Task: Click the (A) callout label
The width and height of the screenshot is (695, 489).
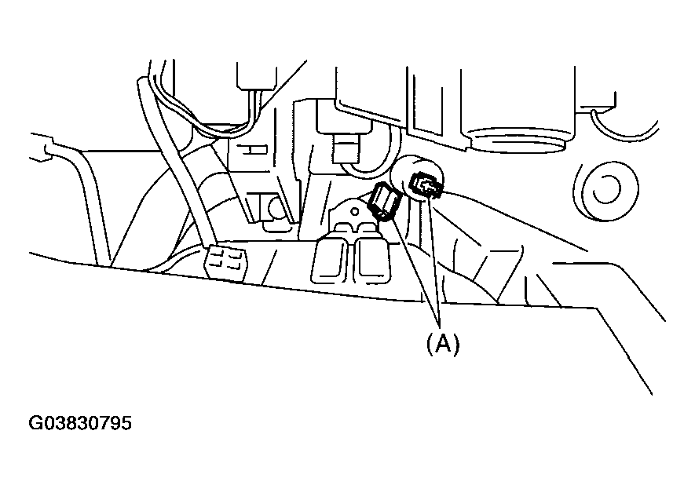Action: [442, 344]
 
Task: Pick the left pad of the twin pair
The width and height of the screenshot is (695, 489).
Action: [333, 258]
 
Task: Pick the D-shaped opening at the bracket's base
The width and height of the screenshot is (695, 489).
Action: [274, 208]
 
